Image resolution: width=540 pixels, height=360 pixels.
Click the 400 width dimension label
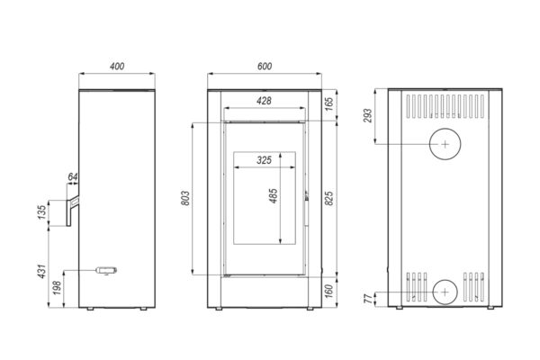click(x=117, y=66)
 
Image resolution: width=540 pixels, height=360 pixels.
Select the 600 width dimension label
click(x=265, y=66)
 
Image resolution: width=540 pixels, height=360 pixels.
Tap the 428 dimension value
click(x=264, y=101)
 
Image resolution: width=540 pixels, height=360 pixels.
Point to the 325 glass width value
click(x=264, y=160)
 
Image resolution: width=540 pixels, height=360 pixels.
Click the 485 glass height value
click(x=274, y=195)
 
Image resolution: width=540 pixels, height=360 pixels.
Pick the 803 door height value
click(x=185, y=198)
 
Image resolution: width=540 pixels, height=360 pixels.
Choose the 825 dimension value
click(x=329, y=198)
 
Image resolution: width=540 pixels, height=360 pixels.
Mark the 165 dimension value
click(x=329, y=104)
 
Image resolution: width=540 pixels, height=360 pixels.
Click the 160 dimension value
click(x=329, y=292)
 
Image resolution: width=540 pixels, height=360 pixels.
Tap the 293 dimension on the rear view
click(x=368, y=116)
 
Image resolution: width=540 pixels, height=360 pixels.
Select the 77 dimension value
click(x=368, y=299)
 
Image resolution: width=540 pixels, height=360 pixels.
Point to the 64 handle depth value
click(x=73, y=177)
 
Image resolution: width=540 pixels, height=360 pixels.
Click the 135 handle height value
click(x=41, y=212)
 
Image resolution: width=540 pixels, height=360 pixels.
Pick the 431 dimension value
click(x=41, y=272)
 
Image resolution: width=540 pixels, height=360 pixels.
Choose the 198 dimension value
click(x=58, y=288)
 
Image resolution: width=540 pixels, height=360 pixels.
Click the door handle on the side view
click(x=73, y=211)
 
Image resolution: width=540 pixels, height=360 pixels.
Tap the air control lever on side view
click(x=106, y=270)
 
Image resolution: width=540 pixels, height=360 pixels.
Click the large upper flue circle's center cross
click(x=445, y=144)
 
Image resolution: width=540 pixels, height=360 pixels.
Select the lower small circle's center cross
click(x=445, y=292)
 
